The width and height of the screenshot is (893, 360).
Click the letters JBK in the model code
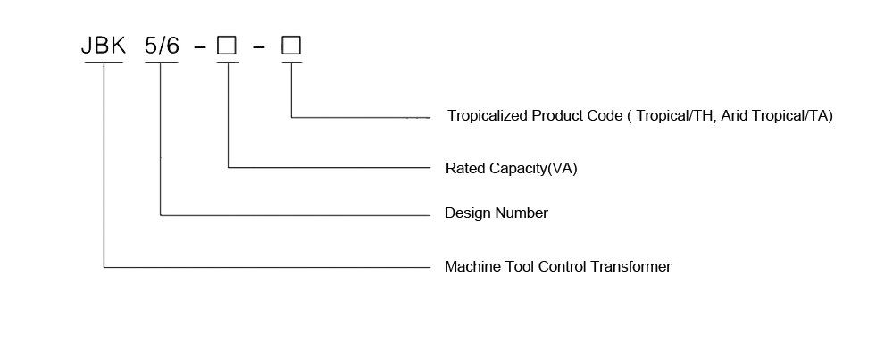click(104, 46)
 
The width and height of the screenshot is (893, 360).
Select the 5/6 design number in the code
click(162, 46)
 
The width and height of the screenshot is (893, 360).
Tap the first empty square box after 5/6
click(227, 46)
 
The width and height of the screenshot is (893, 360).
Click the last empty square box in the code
click(291, 46)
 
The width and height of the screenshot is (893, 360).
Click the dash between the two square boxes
click(259, 47)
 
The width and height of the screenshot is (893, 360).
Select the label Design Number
click(497, 213)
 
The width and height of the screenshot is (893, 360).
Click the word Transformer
click(630, 266)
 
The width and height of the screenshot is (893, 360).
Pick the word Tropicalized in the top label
click(488, 116)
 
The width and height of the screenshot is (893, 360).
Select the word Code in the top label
click(605, 116)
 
